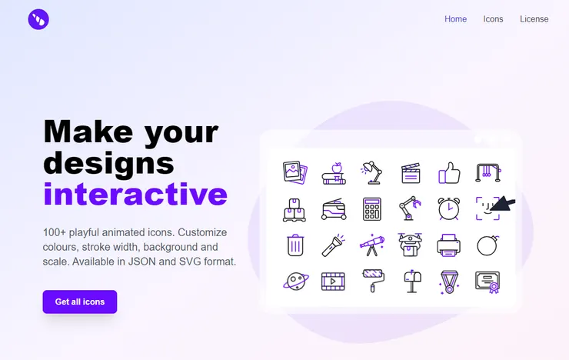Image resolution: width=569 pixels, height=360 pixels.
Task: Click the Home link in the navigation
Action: tap(455, 19)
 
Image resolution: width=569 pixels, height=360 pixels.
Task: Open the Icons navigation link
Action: tap(493, 19)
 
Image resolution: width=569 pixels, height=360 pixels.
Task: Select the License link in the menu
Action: tap(534, 19)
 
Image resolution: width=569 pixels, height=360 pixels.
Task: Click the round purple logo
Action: tap(38, 19)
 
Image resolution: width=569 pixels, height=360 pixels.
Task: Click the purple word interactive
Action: tap(135, 194)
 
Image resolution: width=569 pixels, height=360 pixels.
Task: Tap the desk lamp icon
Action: tap(372, 172)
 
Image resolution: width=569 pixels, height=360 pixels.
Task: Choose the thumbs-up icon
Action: tap(449, 172)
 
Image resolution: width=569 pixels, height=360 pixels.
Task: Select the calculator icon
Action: tap(372, 208)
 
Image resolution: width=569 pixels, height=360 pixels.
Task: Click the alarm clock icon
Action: tap(449, 208)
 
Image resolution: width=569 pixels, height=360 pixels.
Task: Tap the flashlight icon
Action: tap(334, 245)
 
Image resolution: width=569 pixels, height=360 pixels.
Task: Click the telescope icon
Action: tap(372, 245)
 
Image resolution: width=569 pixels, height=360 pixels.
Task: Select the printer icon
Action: tap(449, 245)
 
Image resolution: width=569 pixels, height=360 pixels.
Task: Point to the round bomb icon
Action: tap(487, 245)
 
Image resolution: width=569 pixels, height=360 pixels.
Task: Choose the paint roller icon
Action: tap(372, 282)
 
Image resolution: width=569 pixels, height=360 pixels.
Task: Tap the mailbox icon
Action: tap(411, 282)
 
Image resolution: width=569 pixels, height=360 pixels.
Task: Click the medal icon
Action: tap(449, 282)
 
